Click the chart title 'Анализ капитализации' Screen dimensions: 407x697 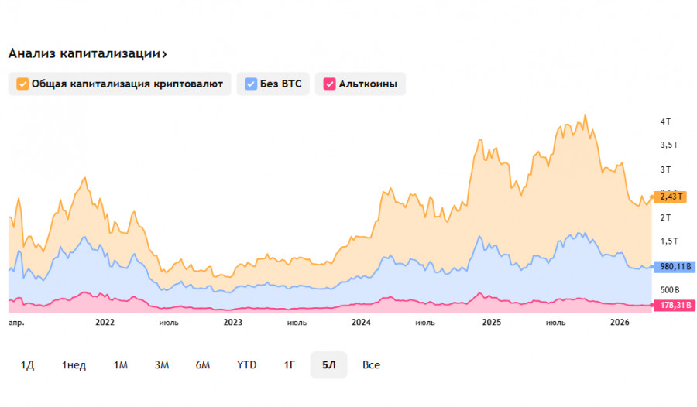pos(85,53)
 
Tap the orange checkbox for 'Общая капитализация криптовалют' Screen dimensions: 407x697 pos(22,84)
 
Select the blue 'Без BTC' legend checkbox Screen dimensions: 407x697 pos(251,84)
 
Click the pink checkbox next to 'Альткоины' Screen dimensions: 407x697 pos(329,84)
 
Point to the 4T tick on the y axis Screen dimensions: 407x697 pos(665,121)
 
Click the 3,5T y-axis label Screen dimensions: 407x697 pos(668,145)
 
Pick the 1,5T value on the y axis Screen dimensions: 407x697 pos(668,241)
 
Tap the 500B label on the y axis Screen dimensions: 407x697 pos(669,289)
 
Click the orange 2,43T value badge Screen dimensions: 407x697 pos(669,197)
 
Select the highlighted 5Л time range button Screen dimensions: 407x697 pos(328,364)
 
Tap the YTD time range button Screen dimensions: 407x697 pos(246,364)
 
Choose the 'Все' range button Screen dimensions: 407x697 pos(371,364)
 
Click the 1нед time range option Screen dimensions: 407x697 pos(74,364)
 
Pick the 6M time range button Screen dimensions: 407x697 pos(203,364)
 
